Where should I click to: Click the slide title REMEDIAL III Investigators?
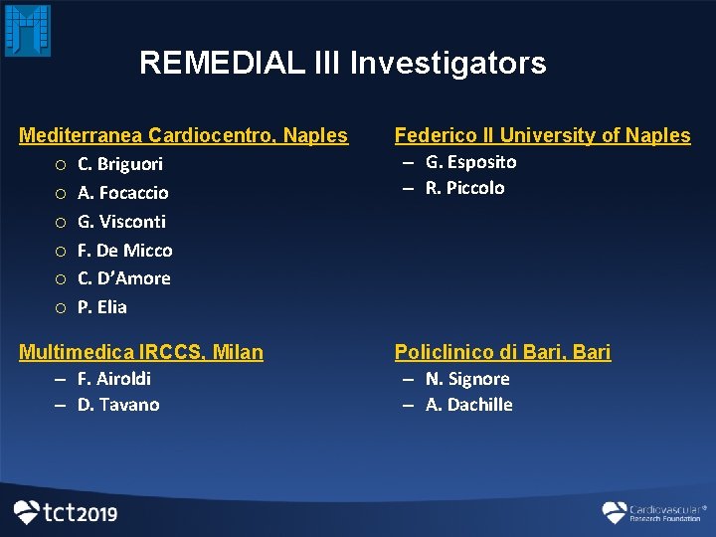[x=342, y=63]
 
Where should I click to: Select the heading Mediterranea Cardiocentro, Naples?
[x=184, y=135]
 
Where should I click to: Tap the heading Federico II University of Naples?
[x=542, y=135]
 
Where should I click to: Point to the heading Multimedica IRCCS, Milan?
[x=141, y=352]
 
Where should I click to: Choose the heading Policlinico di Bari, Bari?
[x=502, y=352]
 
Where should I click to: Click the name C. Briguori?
[x=120, y=164]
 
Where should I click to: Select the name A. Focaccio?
[x=123, y=193]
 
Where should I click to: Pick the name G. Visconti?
[x=121, y=222]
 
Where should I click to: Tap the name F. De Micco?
[x=125, y=251]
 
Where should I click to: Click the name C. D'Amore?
[x=124, y=278]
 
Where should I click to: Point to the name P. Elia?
[x=102, y=307]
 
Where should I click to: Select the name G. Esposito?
[x=470, y=162]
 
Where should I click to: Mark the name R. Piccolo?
[x=464, y=188]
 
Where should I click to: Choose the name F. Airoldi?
[x=114, y=379]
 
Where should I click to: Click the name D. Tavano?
[x=118, y=405]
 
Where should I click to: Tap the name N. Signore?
[x=467, y=379]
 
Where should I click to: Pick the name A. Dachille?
[x=469, y=405]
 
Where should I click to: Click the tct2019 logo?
[x=66, y=513]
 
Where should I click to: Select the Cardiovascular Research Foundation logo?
[x=652, y=512]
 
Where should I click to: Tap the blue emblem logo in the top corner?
[x=28, y=30]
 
